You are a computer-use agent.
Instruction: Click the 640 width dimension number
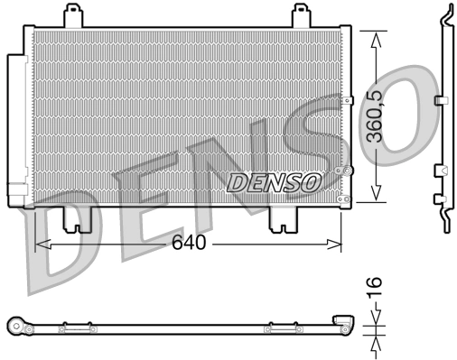190,243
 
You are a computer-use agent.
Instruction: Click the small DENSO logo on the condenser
274,181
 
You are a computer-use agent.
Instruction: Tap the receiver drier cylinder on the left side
17,130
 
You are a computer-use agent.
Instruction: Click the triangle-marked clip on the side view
440,170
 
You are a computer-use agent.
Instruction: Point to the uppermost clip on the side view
441,99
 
